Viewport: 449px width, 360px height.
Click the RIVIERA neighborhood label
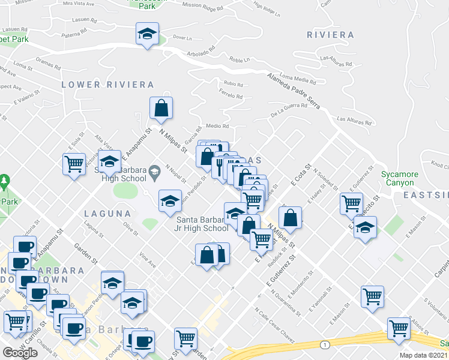330,35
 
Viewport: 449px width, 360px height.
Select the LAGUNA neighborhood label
107,214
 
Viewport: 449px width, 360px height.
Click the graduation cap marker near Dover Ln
146,34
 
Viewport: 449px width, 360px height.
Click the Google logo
20,353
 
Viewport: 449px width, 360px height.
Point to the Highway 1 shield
325,344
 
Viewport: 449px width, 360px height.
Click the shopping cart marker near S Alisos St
398,329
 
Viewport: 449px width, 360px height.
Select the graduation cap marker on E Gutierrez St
364,228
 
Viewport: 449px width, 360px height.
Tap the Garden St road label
86,253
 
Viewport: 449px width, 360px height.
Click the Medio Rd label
217,126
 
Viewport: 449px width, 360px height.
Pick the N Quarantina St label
286,304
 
